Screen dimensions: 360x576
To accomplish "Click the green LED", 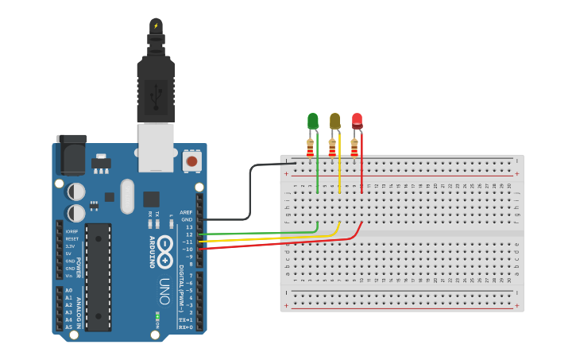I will click(312, 121).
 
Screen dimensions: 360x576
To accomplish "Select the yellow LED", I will click(334, 121).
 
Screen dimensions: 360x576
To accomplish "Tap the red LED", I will click(357, 121).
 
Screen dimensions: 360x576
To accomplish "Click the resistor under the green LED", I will click(310, 147).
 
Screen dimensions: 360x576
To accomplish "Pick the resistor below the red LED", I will click(354, 147).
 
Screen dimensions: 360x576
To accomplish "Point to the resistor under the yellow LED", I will click(332, 147).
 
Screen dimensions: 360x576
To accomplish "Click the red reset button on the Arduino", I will click(191, 161).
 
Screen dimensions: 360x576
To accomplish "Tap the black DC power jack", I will click(71, 155).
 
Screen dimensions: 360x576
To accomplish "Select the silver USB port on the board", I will click(156, 147).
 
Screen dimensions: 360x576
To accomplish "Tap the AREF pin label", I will click(186, 212).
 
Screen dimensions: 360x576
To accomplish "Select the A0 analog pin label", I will click(68, 290).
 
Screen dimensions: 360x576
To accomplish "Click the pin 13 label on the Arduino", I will click(189, 227).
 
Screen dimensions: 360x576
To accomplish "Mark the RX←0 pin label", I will click(185, 327).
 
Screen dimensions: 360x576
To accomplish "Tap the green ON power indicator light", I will click(157, 316).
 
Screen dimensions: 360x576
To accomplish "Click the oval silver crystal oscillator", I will click(127, 196).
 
